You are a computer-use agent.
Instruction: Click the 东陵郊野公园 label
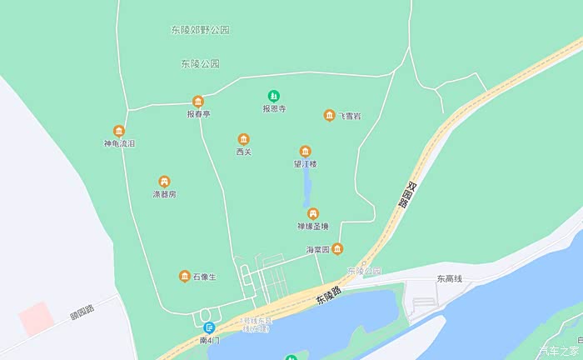(x=200, y=30)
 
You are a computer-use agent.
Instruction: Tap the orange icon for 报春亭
(x=198, y=101)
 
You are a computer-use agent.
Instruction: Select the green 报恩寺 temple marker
(x=274, y=96)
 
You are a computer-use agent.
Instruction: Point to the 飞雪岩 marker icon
(x=330, y=116)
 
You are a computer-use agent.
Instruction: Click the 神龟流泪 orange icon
(x=119, y=131)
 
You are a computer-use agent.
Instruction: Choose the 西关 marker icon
(x=243, y=139)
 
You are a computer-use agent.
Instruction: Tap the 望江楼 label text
(x=305, y=164)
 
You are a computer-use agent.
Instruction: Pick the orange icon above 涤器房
(x=164, y=182)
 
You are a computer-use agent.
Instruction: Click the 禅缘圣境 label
(x=313, y=226)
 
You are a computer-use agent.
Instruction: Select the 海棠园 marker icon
(x=337, y=248)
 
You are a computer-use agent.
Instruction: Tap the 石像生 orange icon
(x=184, y=276)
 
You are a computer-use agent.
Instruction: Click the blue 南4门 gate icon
(x=209, y=328)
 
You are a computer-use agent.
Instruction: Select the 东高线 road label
(x=448, y=280)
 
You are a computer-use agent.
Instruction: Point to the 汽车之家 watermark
(x=559, y=350)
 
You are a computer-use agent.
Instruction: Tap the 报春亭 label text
(x=198, y=114)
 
